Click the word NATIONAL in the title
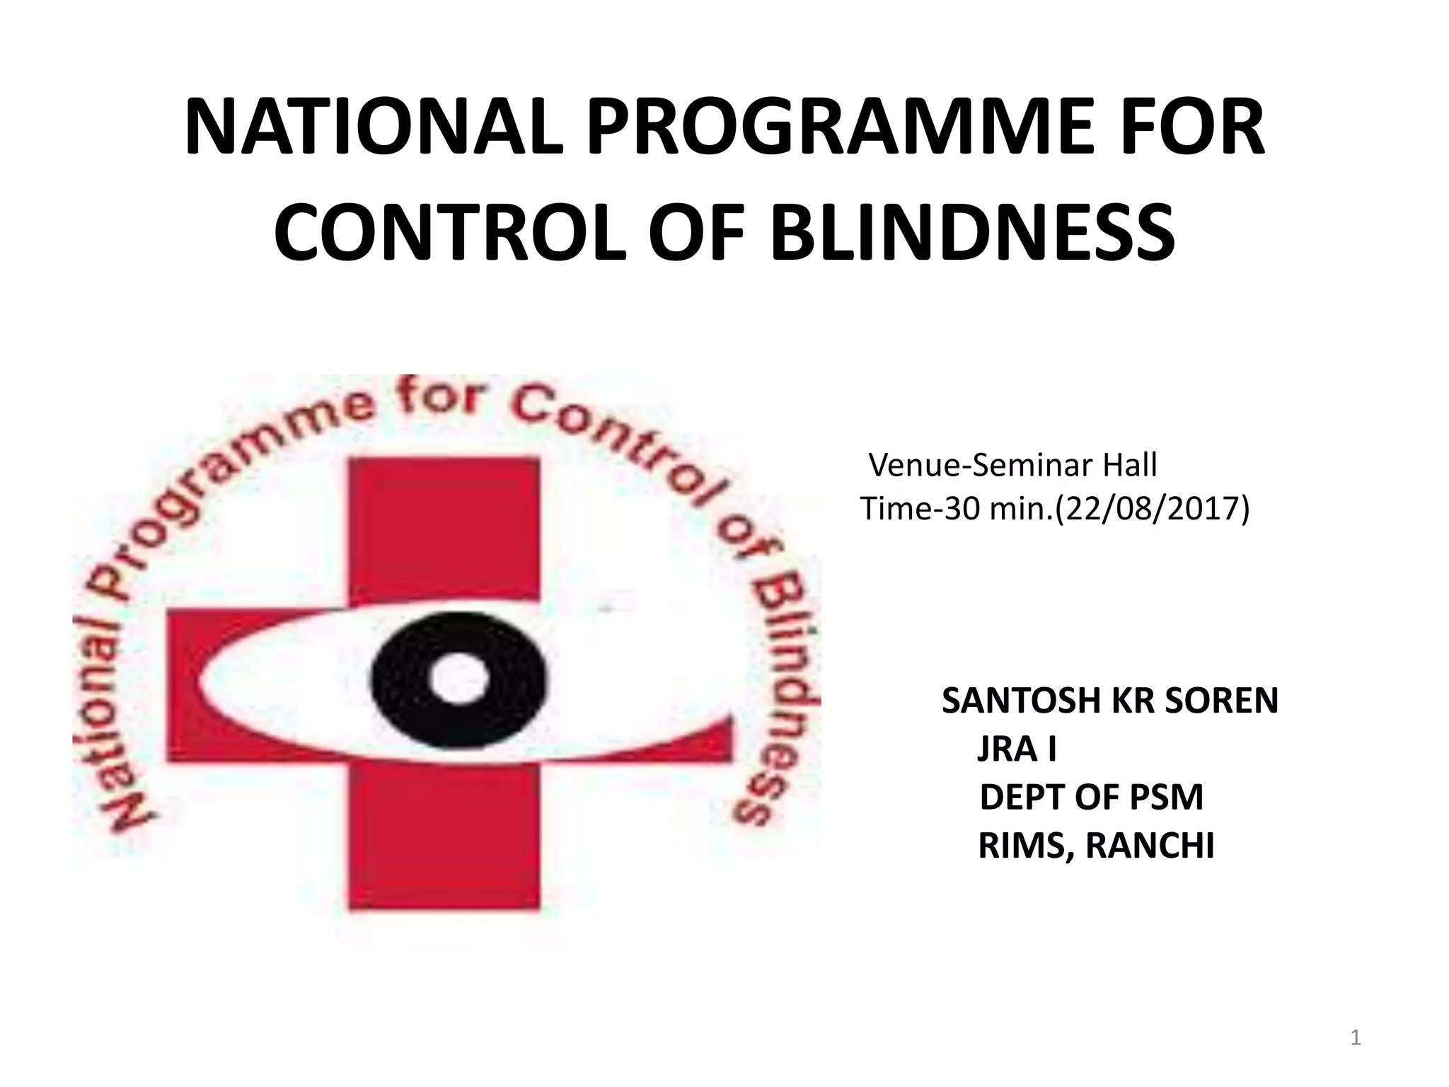tap(374, 130)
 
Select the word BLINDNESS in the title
tap(973, 231)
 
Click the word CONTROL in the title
tap(450, 231)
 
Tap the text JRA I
tap(1017, 749)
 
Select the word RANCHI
tap(1150, 845)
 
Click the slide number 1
tap(1356, 1039)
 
